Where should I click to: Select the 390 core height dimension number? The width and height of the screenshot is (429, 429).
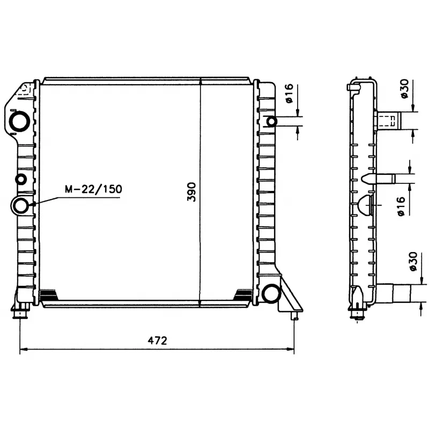(192, 191)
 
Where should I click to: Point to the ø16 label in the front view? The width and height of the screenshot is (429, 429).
(289, 94)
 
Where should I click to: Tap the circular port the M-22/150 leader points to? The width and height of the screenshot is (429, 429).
(21, 205)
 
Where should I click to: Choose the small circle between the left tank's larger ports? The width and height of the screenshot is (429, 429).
(21, 179)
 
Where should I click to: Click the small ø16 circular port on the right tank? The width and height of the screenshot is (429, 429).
(272, 121)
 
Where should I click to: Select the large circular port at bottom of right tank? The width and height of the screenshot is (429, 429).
(271, 293)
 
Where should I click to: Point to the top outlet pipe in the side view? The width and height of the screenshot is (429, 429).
(389, 121)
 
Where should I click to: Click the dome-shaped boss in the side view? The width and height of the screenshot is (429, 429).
(364, 205)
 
